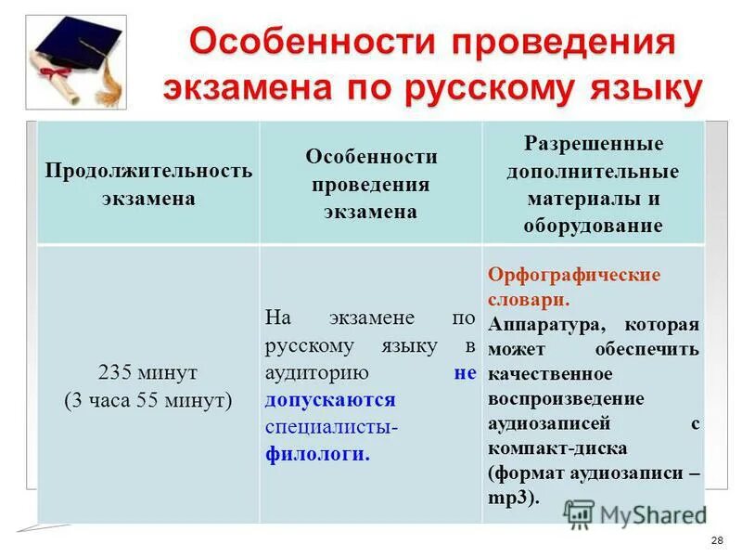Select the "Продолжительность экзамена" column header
(148, 185)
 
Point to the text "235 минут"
(147, 372)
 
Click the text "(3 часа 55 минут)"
(147, 400)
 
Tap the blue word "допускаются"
(330, 400)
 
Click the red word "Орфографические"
(573, 276)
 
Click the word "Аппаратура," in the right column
(543, 325)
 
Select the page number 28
(716, 541)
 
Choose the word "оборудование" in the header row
(593, 226)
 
